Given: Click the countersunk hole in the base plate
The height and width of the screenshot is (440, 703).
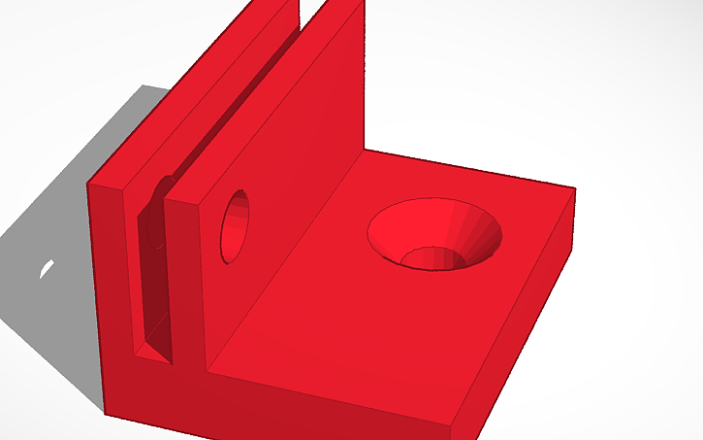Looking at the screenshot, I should pos(434,234).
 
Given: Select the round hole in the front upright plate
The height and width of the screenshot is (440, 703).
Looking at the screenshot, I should pos(235,226).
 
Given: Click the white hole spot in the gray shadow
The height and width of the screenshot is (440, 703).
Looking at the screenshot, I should pos(46,268).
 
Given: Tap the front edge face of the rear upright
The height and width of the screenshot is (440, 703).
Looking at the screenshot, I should pos(109,282).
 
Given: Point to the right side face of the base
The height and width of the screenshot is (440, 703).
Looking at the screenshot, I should pos(524,321).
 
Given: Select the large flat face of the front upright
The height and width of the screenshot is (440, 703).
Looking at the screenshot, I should pos(281,175).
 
